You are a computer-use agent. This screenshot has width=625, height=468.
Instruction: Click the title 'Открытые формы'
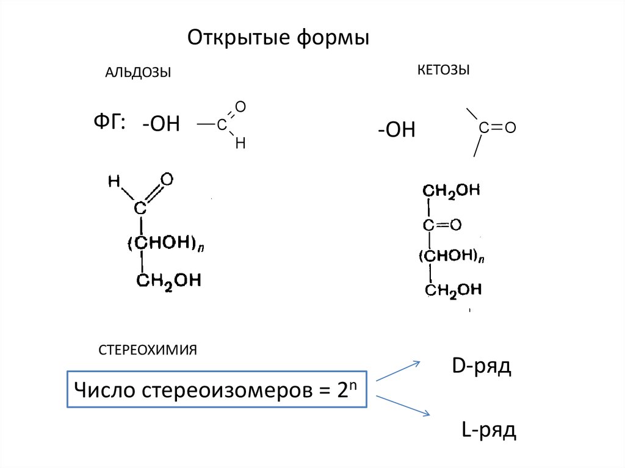click(x=278, y=38)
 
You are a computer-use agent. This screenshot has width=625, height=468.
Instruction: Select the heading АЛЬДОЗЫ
click(x=138, y=73)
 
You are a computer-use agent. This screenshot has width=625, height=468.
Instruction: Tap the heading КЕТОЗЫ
click(x=443, y=70)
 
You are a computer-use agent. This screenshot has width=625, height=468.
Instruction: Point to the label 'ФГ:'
click(x=109, y=123)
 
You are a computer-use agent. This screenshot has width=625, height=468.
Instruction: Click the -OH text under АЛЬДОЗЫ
click(x=161, y=124)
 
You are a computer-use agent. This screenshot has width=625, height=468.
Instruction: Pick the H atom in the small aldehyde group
click(x=240, y=143)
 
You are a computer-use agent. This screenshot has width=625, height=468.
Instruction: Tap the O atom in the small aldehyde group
click(x=240, y=107)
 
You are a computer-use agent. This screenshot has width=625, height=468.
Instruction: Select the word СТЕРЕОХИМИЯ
click(x=147, y=350)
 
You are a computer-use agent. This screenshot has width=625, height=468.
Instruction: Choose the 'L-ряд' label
click(x=488, y=430)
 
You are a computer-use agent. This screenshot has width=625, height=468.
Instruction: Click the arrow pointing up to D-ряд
click(x=398, y=370)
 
